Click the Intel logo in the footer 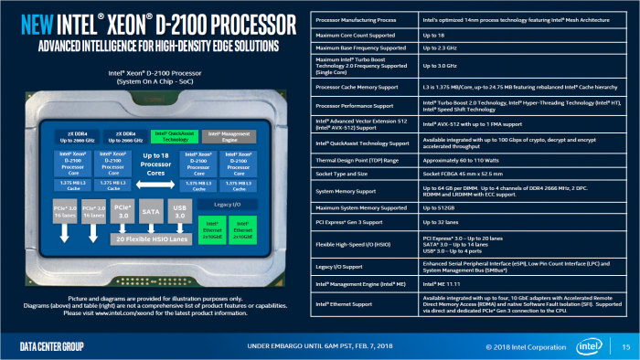point(587,346)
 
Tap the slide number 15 point(624,347)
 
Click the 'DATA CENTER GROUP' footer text point(53,347)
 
